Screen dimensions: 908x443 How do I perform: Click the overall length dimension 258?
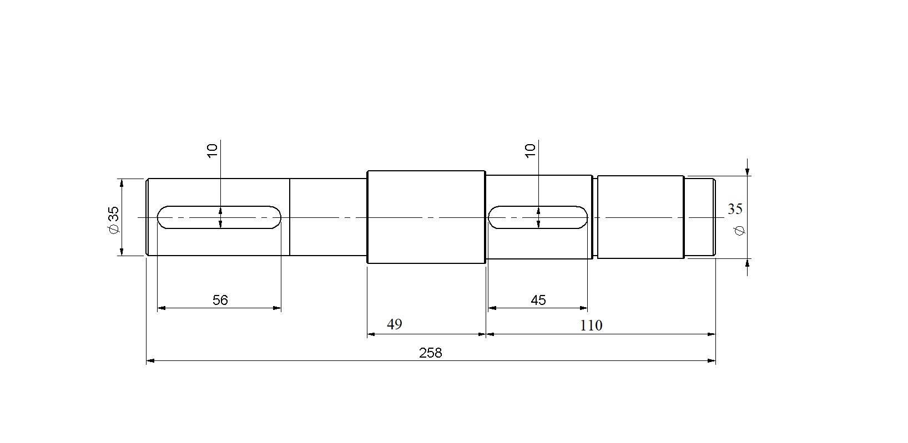point(430,353)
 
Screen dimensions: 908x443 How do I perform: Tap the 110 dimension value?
point(591,325)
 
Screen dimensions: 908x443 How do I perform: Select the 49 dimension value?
point(394,324)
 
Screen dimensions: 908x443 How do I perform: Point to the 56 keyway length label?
point(220,300)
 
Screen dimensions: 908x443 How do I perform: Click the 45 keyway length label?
point(538,300)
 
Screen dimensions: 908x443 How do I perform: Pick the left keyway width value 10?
point(213,151)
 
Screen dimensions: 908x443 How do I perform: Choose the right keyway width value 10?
point(530,151)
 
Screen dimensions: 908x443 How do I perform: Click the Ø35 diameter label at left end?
point(114,220)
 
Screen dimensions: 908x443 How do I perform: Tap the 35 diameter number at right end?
point(735,209)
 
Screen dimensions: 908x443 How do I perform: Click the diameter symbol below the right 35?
point(739,231)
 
